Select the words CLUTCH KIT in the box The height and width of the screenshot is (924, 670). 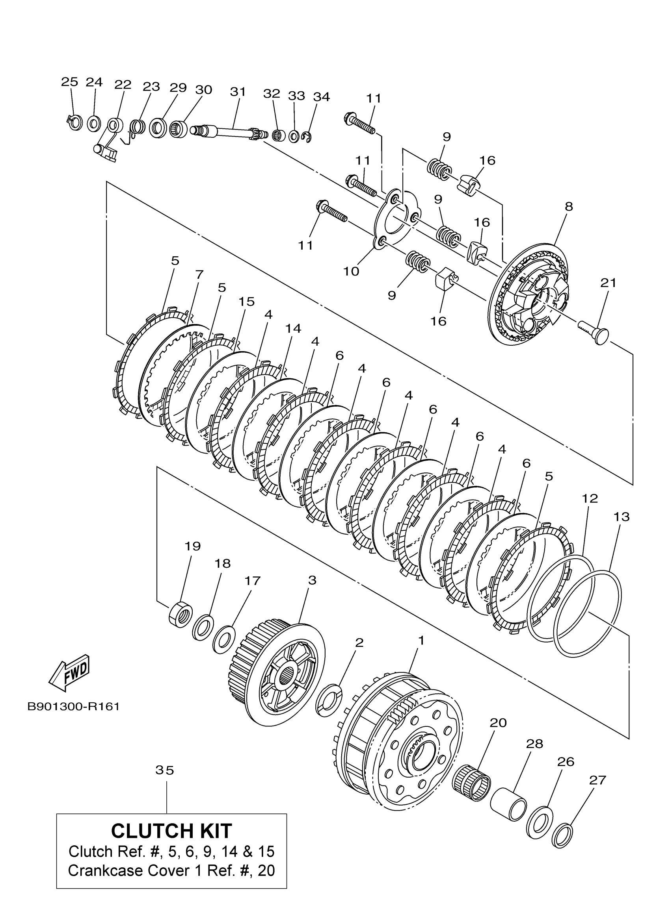(x=171, y=831)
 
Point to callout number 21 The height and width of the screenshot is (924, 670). (x=608, y=283)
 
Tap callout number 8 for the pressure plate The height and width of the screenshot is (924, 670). (x=569, y=207)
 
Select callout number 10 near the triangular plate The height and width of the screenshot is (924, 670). (x=351, y=271)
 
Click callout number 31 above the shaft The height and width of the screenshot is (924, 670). (x=238, y=92)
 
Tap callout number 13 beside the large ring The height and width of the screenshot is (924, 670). (x=622, y=517)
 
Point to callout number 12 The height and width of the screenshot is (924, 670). (x=590, y=498)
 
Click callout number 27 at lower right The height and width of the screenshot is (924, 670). (x=597, y=780)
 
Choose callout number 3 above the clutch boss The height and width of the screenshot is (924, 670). (x=312, y=580)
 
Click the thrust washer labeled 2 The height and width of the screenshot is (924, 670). (x=329, y=700)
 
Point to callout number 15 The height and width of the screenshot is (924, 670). (x=247, y=302)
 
